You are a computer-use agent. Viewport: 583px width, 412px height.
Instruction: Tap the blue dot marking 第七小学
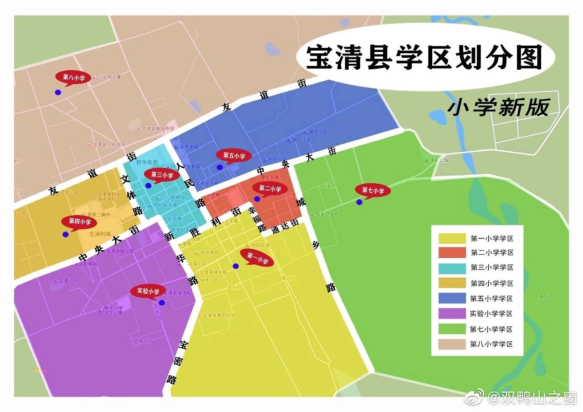[359, 202]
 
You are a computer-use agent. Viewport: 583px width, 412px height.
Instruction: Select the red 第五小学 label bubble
[234, 156]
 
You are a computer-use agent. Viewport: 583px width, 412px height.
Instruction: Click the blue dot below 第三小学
[148, 185]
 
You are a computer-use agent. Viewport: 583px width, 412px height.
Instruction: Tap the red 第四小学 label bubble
[80, 222]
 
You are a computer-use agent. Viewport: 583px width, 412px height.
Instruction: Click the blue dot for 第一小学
[235, 266]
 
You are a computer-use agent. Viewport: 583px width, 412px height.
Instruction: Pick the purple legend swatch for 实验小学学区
[452, 314]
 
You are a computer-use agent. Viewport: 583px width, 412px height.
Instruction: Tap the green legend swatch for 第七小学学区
[452, 329]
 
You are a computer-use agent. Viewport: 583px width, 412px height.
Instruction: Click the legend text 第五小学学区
[491, 299]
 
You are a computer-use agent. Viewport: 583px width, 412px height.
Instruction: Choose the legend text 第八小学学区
[491, 344]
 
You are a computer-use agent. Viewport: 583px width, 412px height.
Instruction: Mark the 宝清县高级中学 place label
[158, 129]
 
